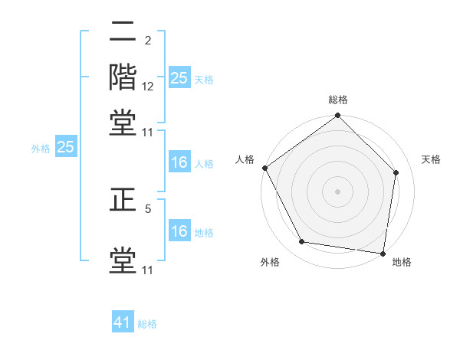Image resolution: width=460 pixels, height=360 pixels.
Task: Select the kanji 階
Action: point(123,76)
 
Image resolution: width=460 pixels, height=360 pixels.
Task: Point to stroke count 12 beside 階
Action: point(148,87)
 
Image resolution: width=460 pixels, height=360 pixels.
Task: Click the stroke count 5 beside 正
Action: point(148,207)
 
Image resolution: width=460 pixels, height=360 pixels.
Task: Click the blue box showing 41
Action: point(123,322)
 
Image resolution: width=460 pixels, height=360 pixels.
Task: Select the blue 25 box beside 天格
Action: point(179,78)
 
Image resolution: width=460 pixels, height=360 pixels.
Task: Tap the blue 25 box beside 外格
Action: point(65,148)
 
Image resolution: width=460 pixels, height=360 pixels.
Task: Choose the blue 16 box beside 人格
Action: point(179,162)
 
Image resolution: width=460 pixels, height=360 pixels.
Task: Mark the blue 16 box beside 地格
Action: point(179,231)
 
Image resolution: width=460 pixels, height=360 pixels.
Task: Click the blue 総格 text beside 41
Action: point(147,324)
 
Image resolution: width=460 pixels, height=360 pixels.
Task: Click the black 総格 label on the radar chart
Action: point(338,100)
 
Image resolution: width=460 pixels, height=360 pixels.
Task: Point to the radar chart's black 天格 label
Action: point(432,159)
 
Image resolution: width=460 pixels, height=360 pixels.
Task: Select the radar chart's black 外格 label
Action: point(270,262)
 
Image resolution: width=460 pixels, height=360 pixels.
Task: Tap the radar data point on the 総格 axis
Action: point(338,116)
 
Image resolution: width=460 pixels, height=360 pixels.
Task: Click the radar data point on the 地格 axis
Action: point(383,252)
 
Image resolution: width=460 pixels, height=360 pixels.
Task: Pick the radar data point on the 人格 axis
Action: point(265,168)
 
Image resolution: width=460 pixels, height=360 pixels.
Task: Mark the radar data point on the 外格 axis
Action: point(302,242)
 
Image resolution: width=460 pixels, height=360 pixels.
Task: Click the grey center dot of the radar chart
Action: point(338,191)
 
